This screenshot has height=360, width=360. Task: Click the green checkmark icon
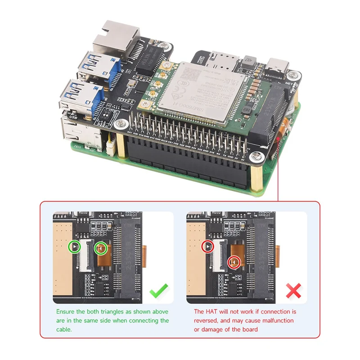pos(159,291)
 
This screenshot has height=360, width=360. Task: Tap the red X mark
pos(293,291)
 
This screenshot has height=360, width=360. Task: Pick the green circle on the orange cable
pos(101,247)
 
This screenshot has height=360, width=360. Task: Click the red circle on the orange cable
pos(234,262)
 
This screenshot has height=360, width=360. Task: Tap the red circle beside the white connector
pos(207,246)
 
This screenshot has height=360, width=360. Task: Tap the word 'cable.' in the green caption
pos(65,329)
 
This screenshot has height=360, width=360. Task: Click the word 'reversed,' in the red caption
pos(207,321)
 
